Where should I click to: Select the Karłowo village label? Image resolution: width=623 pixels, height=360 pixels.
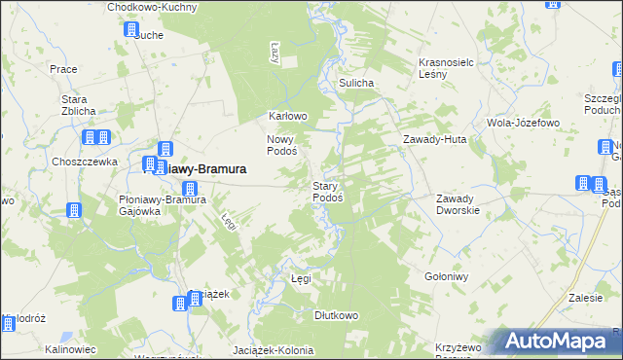[288, 116]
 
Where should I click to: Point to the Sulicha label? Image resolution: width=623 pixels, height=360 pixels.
[356, 84]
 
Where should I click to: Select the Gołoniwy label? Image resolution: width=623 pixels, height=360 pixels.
[447, 275]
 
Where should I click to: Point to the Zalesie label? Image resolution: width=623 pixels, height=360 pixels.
[585, 298]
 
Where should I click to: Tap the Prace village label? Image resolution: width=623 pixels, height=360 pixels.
[63, 69]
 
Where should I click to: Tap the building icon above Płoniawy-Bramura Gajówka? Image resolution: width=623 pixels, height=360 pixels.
[191, 189]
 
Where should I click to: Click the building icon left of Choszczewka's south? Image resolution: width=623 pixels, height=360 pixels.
[73, 210]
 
